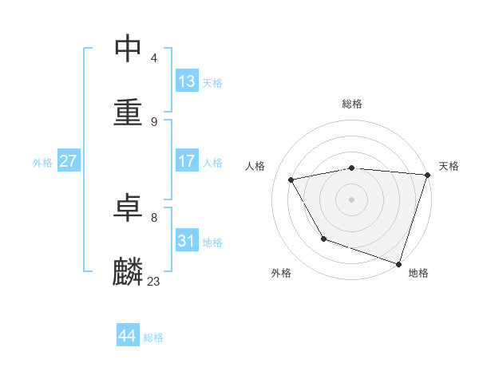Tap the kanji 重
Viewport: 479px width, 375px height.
pos(129,111)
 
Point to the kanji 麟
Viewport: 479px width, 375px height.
pos(129,271)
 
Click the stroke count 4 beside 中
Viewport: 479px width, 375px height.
pos(153,57)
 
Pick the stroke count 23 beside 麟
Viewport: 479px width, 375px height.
pos(153,281)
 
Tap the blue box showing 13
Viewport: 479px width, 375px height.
pos(186,81)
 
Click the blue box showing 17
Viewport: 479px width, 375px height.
pos(186,161)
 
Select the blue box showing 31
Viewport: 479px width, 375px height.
pos(186,241)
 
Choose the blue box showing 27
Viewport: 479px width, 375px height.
pos(68,161)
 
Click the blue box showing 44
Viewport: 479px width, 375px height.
pos(127,336)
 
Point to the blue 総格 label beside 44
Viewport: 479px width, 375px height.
pos(153,337)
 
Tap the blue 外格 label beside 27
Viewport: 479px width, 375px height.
pos(42,163)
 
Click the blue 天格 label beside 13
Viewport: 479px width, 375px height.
pos(212,83)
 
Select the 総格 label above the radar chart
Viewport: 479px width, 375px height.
pos(352,104)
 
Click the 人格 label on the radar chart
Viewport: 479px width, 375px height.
pos(256,166)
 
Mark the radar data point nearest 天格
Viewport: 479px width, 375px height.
pos(427,176)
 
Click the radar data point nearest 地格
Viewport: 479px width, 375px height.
pos(398,263)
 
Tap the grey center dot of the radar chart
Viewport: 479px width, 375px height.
pos(352,199)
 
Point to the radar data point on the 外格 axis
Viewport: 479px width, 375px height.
pos(323,239)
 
